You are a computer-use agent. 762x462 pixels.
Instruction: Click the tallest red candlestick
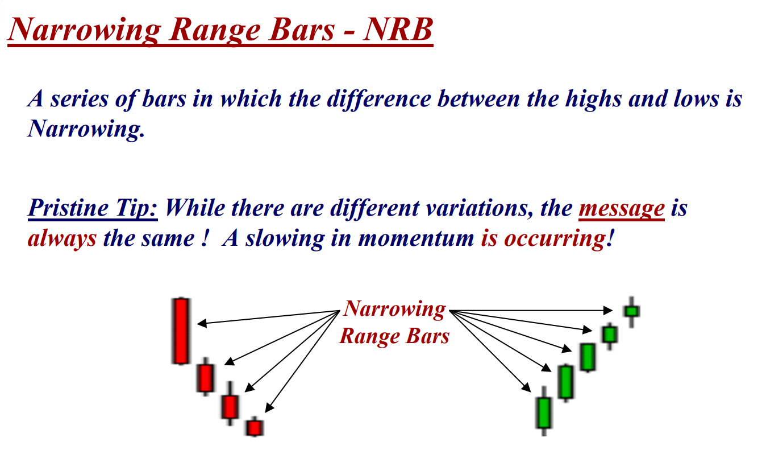pos(181,331)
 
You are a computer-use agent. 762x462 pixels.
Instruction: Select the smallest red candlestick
pos(255,427)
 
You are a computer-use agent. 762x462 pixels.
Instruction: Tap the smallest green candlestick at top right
pos(632,311)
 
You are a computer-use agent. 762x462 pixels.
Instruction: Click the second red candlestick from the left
pos(206,377)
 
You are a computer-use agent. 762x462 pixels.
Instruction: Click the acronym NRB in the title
pos(398,29)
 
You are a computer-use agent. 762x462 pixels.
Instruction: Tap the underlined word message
pos(622,208)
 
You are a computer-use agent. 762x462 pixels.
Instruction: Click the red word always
pos(63,238)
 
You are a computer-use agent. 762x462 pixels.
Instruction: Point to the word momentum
pos(416,238)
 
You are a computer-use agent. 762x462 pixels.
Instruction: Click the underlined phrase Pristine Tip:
pos(93,208)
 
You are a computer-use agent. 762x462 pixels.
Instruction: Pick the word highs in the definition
pos(594,100)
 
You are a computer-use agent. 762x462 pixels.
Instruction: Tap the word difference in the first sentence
pos(379,100)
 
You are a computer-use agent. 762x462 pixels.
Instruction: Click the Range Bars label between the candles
pos(394,336)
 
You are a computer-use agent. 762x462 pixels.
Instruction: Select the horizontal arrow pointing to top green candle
pos(531,311)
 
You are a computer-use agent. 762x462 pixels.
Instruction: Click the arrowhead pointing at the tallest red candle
pos(202,323)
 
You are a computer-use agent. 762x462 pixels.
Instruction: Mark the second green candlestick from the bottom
pos(566,382)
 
